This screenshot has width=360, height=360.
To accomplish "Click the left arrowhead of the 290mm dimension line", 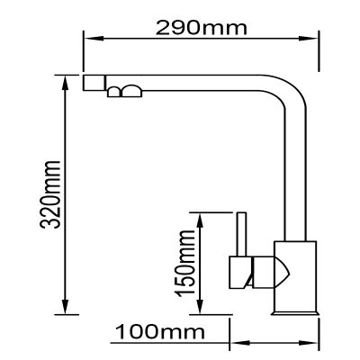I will coord(89,39).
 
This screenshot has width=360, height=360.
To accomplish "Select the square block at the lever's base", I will coord(238,268).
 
